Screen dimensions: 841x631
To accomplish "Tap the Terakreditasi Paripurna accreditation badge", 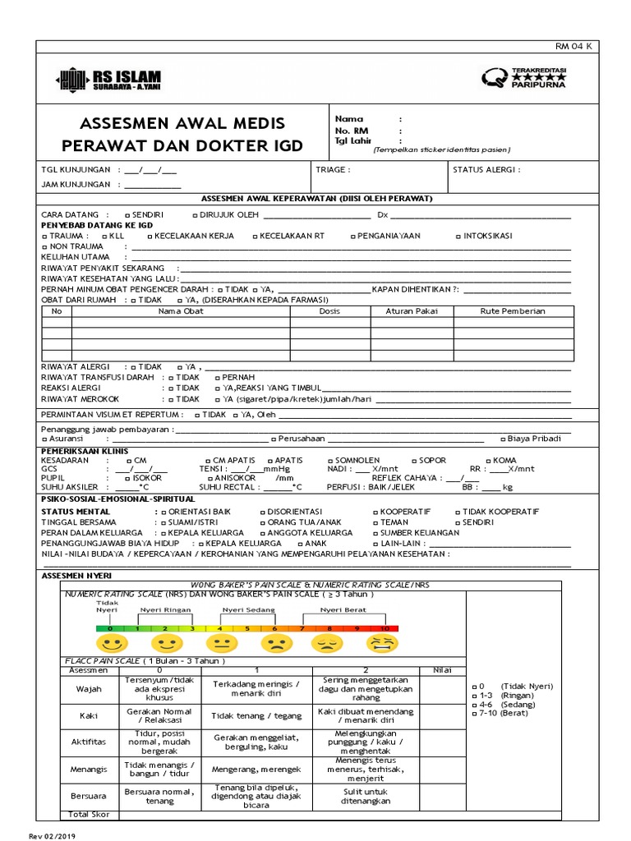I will [523, 77].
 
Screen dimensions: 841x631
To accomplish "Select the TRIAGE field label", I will [333, 170].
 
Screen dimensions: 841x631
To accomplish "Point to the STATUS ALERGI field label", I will [486, 170].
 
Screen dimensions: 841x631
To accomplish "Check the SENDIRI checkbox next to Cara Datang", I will [127, 214].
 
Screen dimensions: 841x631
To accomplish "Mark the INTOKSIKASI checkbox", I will [458, 236].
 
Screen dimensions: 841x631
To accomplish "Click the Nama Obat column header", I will [181, 311].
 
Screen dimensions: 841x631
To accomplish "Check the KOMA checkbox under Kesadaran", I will [489, 461].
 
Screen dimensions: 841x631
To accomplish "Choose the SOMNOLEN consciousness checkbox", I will [330, 461].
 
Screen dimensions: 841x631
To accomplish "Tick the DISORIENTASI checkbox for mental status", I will [263, 512].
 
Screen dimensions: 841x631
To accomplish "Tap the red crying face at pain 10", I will [382, 642].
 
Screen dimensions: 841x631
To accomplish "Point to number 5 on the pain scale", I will [247, 628].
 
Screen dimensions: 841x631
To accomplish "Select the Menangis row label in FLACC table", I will [90, 769].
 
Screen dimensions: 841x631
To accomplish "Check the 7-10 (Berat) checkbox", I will [474, 714].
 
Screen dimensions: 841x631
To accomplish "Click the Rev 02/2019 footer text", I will [52, 834].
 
